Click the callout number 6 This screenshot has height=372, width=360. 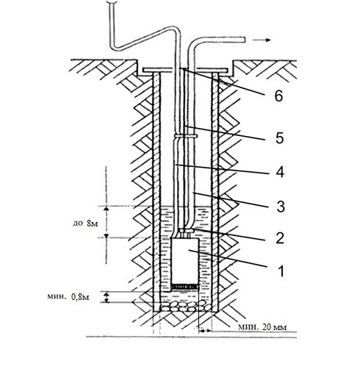point(278,96)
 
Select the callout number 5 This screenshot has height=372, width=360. point(279,137)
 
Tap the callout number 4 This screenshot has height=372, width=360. point(280,172)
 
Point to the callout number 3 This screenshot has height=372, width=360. point(281,207)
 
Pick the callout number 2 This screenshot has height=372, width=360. point(279,237)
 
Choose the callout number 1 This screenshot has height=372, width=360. point(281,271)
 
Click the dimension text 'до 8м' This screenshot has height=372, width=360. point(85,223)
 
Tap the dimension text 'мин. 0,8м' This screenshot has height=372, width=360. point(68,297)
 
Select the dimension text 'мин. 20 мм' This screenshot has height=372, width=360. point(262,327)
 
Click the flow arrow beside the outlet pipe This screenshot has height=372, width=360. point(262,40)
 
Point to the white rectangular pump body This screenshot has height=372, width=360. point(184,261)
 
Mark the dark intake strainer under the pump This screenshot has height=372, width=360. point(185,286)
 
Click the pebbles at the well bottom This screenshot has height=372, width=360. point(185,307)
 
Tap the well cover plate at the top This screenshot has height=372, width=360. point(186,71)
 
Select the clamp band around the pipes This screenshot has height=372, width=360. point(186,135)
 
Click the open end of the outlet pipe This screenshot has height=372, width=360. point(244,40)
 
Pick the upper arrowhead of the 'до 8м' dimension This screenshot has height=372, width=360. point(106,209)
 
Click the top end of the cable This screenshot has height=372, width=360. point(112,2)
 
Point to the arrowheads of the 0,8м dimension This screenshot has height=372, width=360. point(107,297)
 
